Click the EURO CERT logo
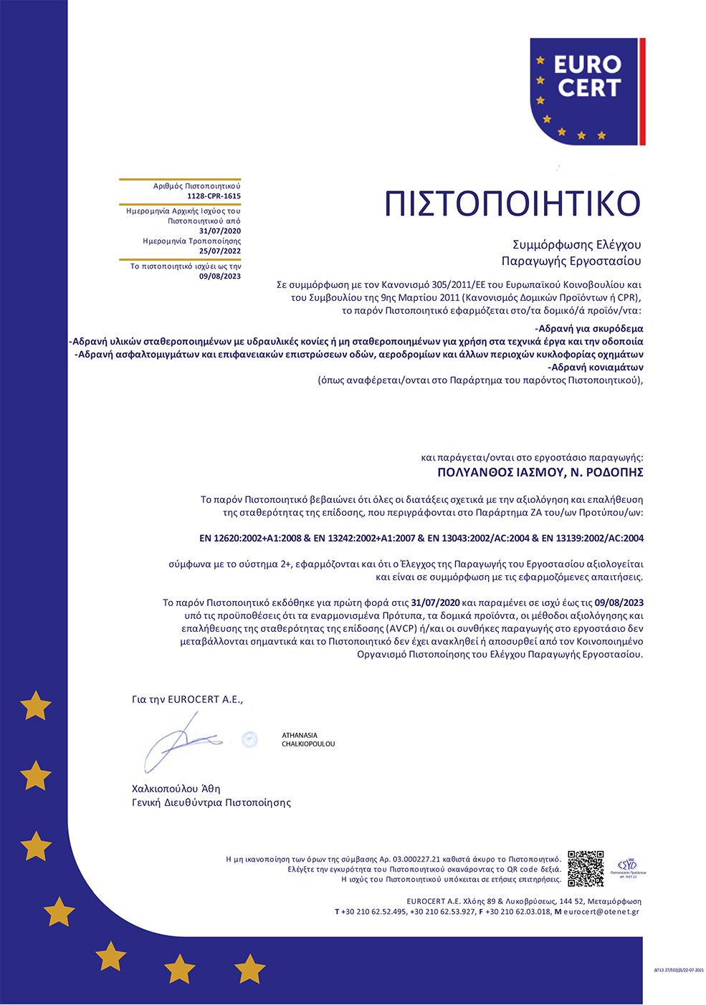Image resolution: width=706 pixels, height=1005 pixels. coord(587,91)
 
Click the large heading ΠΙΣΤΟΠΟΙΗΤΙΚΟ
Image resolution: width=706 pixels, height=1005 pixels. coord(512,204)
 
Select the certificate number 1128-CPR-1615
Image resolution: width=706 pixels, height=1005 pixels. coord(214,196)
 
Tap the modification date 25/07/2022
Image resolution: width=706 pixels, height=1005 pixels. coord(220,251)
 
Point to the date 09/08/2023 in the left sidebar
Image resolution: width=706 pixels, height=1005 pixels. coord(220,277)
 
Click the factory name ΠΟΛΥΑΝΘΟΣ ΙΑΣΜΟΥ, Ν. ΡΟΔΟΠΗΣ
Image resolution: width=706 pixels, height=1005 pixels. coord(540,473)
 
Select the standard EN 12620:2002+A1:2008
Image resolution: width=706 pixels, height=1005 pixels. coord(250,539)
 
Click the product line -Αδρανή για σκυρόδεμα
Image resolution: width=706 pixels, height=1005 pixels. coord(589,329)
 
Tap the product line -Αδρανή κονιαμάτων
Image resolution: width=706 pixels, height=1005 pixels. coord(596,367)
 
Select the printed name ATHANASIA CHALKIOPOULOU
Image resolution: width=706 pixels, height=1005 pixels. coord(308,740)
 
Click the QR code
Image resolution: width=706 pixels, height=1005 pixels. coord(586,868)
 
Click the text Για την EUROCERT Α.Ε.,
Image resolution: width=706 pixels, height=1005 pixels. coord(187,700)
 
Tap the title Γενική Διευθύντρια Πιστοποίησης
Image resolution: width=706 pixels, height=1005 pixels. coord(211,803)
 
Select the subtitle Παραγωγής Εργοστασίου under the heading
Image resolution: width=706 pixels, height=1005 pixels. coord(571,261)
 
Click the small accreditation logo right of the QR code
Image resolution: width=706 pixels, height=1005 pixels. coord(627,867)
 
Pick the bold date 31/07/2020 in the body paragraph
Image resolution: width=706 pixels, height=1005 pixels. coord(435,603)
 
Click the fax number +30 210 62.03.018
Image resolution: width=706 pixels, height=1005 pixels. coord(518,912)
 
